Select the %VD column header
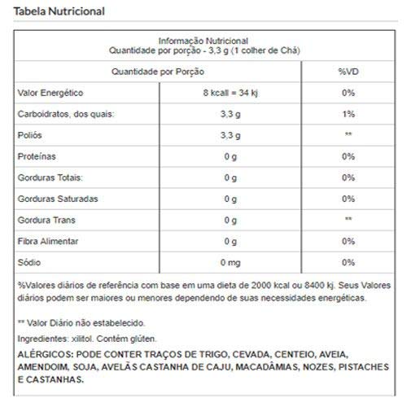348,72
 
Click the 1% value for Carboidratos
348,114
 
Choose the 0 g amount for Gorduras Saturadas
231,199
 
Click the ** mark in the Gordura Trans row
348,220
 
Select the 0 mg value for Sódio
231,262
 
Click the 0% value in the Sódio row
348,262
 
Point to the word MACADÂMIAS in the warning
263,369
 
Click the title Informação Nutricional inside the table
203,40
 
